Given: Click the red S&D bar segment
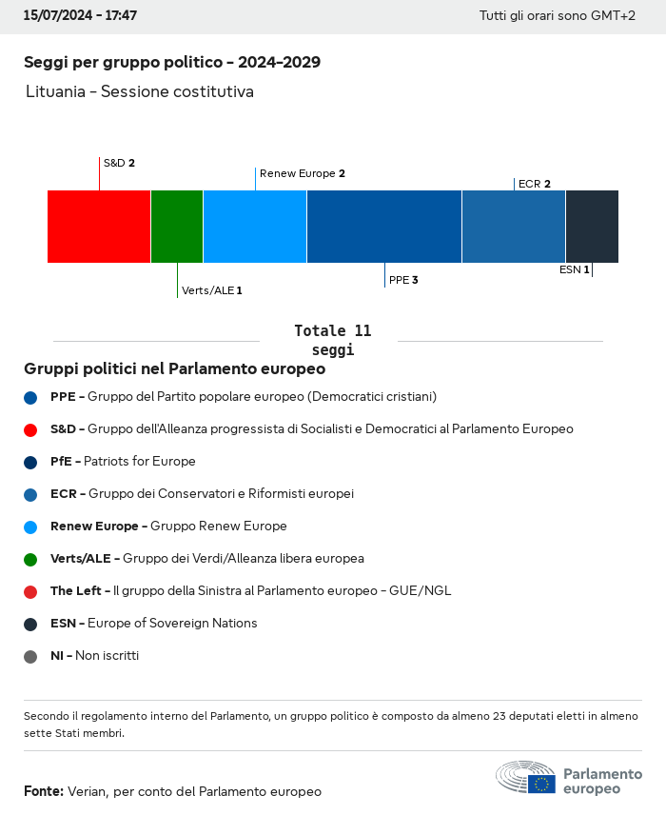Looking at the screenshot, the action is [99, 227].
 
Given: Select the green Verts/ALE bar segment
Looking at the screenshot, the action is [177, 227].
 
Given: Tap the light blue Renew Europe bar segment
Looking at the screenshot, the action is [255, 227].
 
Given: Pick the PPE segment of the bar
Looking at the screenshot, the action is [384, 227].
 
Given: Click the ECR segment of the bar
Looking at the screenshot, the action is [514, 227].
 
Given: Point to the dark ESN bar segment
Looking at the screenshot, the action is [592, 227].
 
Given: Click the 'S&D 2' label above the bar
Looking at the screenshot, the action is [119, 163].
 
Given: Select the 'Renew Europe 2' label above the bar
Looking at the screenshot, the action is [303, 173].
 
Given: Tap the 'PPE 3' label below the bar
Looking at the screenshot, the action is [403, 280].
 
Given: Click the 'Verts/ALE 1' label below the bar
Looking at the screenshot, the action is [212, 290].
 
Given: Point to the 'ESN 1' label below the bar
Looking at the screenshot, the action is [575, 269].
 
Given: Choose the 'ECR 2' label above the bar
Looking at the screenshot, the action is [535, 184].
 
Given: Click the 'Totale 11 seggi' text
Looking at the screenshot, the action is [333, 340].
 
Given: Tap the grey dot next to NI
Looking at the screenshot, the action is [30, 657].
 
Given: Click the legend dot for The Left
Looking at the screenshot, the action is [30, 592].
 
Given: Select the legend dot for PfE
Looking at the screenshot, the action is [30, 463].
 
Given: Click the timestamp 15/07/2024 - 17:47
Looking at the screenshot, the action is [80, 15].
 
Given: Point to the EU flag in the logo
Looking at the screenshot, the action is [541, 784].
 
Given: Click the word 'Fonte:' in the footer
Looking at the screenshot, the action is [44, 791].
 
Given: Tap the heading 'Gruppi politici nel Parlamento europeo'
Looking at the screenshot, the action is [174, 368].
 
